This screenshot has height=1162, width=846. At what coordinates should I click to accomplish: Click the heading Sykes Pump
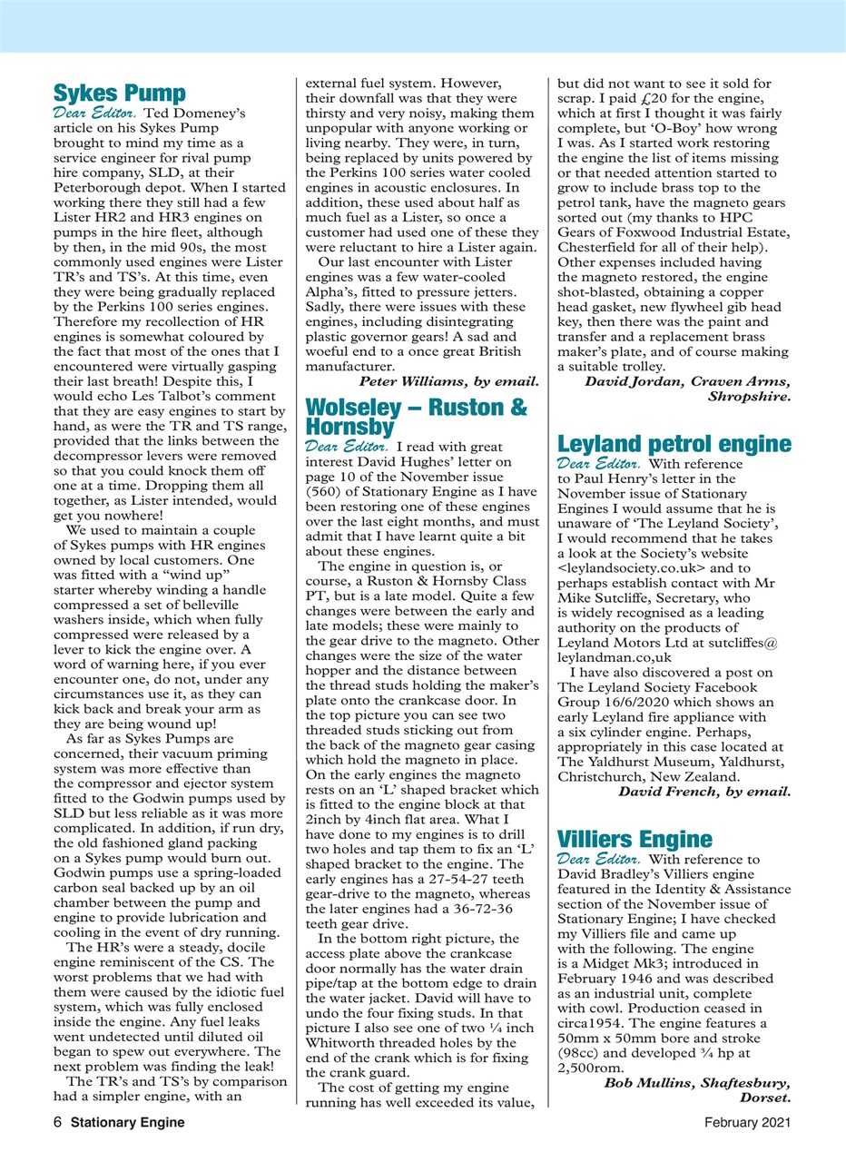tap(120, 94)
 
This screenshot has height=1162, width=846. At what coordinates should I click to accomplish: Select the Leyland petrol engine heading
tap(673, 444)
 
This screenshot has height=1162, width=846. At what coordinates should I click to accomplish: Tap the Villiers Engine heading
tap(634, 837)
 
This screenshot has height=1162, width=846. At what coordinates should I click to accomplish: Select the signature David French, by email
tap(704, 792)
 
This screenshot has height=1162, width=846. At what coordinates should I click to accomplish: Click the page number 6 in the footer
tap(58, 1122)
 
